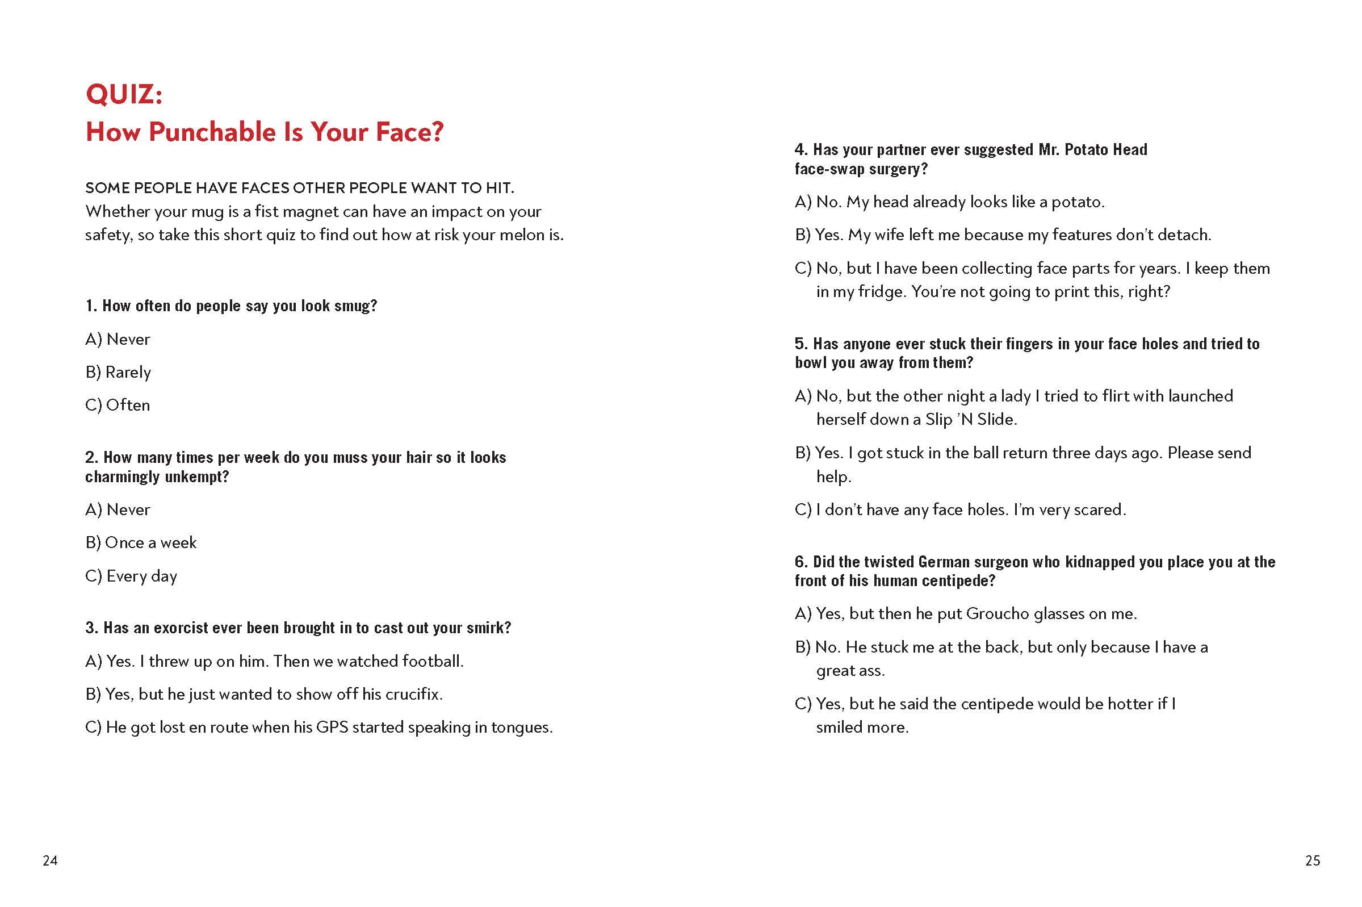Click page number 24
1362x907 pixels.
click(51, 861)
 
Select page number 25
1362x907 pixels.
click(1312, 861)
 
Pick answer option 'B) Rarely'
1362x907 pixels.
click(118, 372)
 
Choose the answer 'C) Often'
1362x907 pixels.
click(118, 405)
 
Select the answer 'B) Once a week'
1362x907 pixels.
click(140, 542)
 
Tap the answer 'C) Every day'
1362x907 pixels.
click(131, 576)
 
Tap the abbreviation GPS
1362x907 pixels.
click(332, 727)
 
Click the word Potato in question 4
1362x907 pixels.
click(1086, 149)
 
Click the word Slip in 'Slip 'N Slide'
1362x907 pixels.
click(938, 419)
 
